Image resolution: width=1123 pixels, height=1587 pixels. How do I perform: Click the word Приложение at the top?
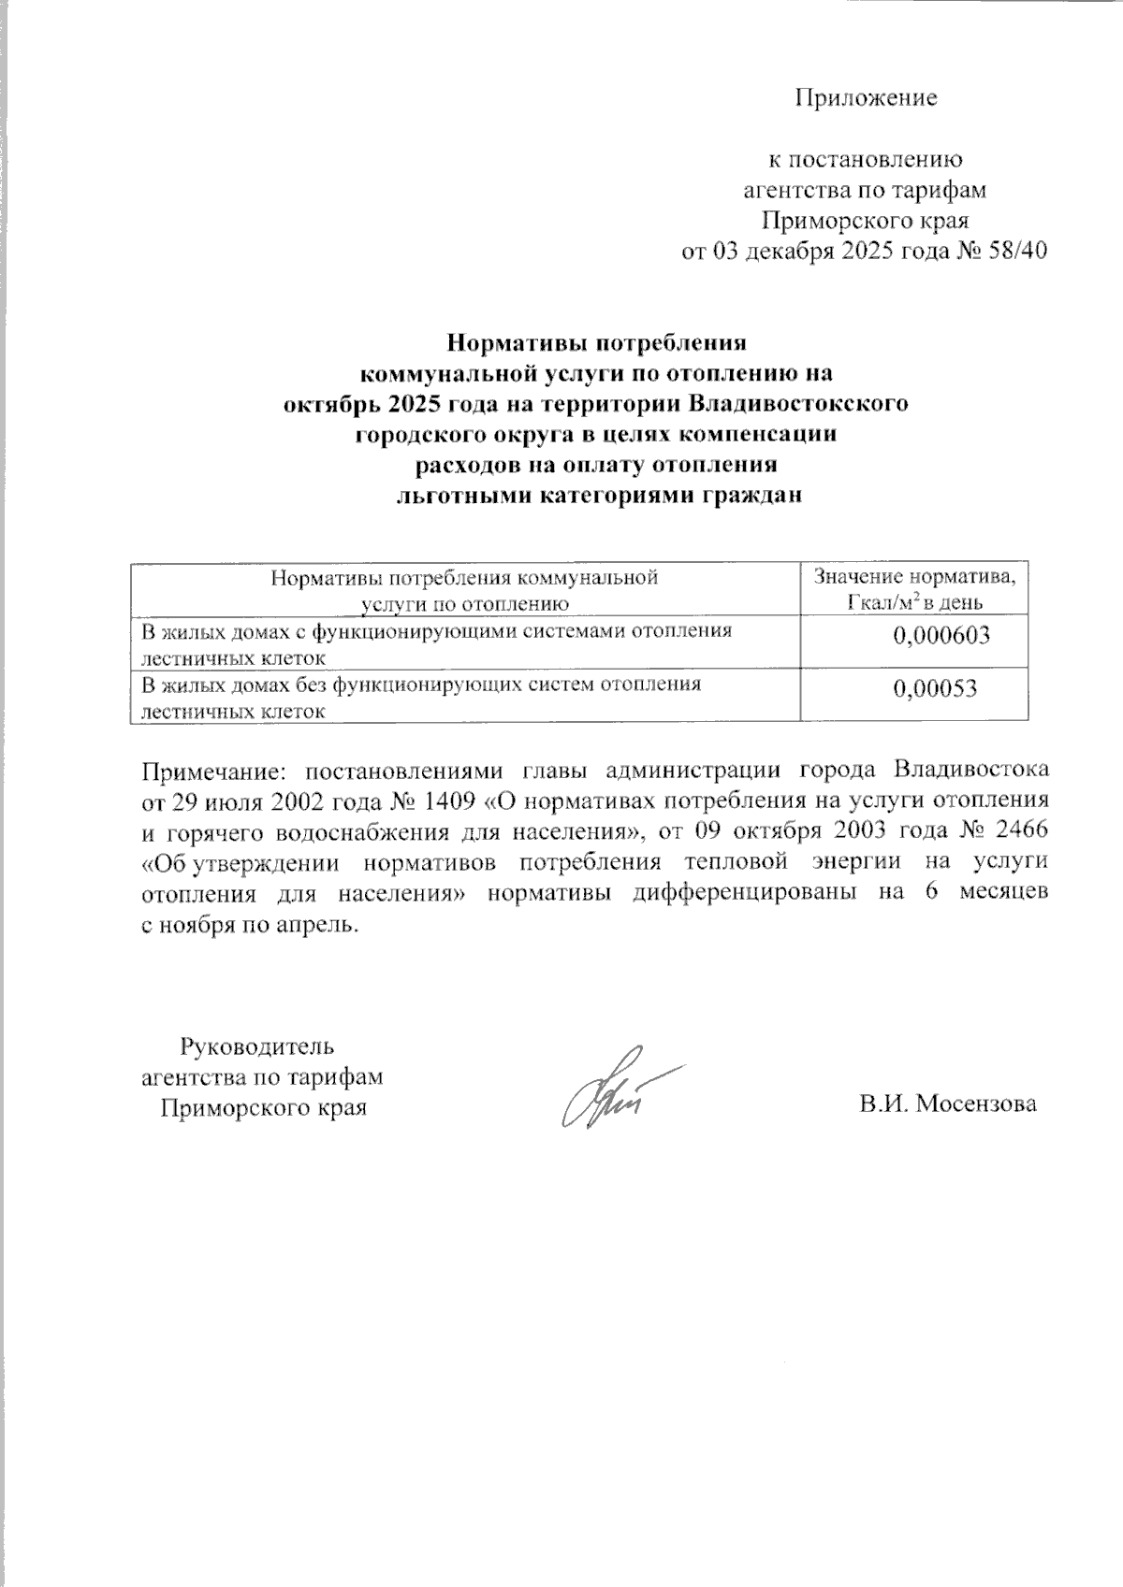coord(866,98)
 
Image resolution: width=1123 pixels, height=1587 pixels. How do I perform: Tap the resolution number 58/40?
coord(1015,252)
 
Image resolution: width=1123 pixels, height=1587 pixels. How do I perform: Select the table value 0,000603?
coord(941,637)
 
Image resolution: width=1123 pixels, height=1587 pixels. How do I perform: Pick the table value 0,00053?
coord(935,689)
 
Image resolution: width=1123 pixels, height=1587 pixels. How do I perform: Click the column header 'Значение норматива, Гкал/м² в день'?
coord(915,589)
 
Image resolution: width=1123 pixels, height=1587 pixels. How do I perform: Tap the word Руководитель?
coord(257,1045)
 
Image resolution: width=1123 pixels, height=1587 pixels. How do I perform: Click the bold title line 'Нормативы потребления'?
coord(596,343)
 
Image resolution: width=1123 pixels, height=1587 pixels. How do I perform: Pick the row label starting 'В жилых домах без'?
coord(420,697)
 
